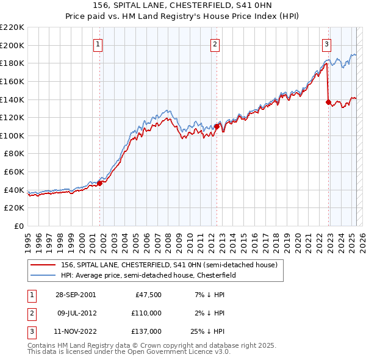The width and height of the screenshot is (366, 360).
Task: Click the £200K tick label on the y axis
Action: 13,45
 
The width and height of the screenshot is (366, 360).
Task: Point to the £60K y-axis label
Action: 15,172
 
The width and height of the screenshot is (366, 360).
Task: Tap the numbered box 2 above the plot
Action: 215,43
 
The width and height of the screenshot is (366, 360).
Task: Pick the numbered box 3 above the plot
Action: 327,43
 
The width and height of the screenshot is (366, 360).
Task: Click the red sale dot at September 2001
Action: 100,183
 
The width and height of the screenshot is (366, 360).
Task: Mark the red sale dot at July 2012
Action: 216,126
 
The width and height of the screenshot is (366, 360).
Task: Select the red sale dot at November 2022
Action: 328,102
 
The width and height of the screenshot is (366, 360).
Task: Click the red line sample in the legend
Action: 43,265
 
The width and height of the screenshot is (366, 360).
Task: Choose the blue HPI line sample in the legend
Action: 43,275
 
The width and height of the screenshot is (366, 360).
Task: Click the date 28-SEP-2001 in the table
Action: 75,295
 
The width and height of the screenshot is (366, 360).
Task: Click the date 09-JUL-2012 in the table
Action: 75,313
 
